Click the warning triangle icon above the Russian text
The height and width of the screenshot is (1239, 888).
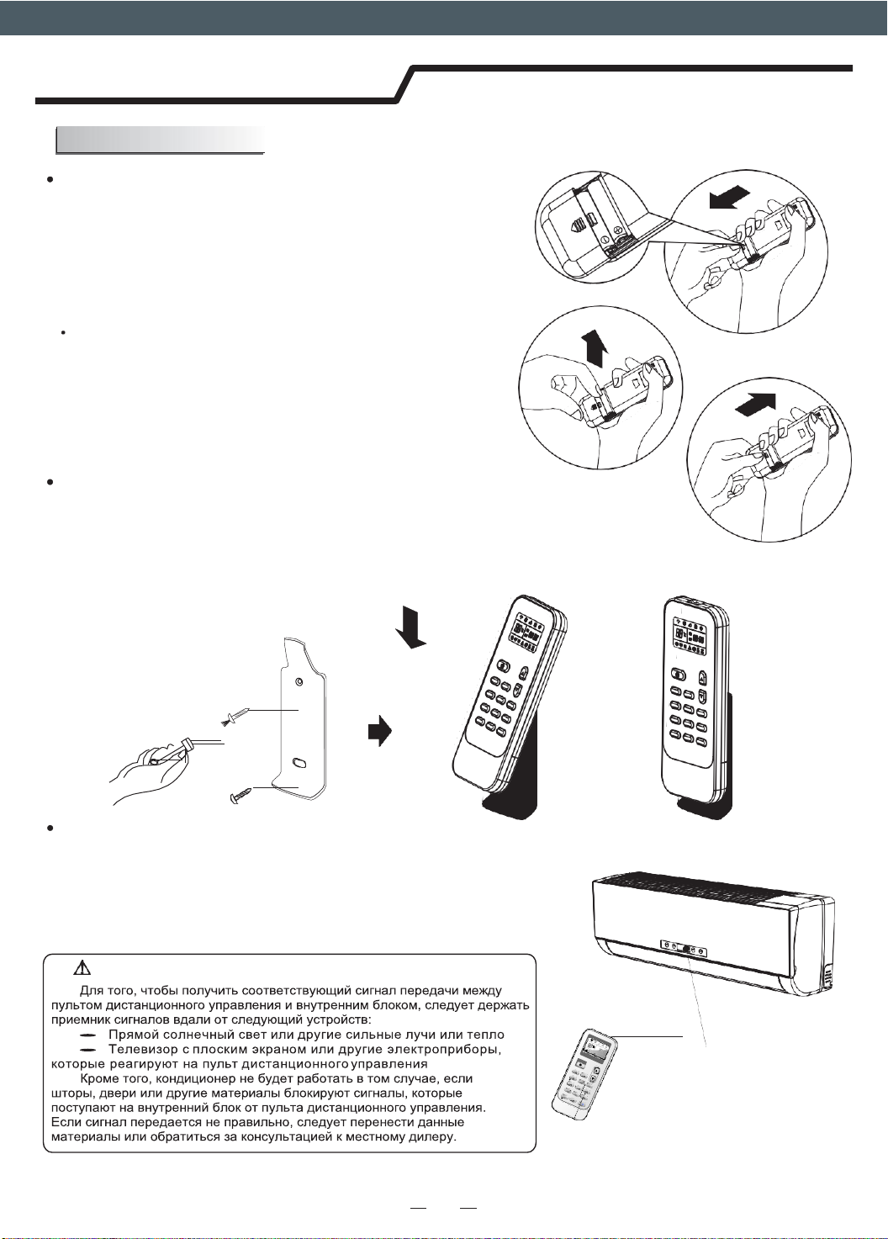(x=82, y=969)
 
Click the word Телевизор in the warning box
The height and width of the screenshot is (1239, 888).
(x=142, y=1050)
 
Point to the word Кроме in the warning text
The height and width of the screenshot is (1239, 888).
(x=99, y=1078)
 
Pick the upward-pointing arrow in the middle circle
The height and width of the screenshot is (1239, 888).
(x=595, y=347)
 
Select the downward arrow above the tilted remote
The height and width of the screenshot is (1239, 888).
(x=411, y=627)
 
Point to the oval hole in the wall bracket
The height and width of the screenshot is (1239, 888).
(x=299, y=763)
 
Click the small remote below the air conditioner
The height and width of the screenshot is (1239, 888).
(x=584, y=1074)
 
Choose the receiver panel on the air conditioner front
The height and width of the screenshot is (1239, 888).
(x=683, y=949)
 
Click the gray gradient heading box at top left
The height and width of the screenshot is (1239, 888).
(x=160, y=140)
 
